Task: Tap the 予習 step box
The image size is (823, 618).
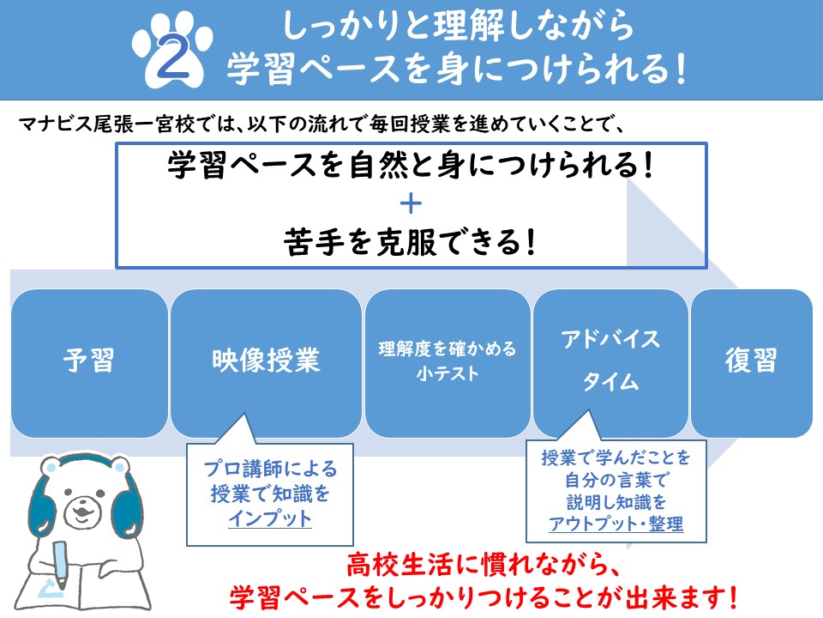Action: click(x=89, y=362)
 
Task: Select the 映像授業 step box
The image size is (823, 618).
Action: click(x=266, y=362)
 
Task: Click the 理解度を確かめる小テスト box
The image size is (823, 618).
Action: click(x=448, y=362)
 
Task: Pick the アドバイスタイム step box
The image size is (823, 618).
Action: click(x=610, y=362)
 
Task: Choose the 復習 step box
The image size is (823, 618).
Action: click(x=752, y=362)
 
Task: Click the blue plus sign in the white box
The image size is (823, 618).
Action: click(x=411, y=204)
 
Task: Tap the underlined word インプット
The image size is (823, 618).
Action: click(x=270, y=518)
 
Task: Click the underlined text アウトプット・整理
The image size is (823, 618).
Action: click(x=616, y=524)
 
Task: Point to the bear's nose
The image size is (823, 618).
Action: click(x=81, y=509)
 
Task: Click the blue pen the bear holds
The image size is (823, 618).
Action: click(x=60, y=566)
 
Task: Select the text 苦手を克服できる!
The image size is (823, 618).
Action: click(x=411, y=242)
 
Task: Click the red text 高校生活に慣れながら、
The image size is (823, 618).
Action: click(x=484, y=566)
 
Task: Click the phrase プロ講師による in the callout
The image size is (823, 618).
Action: click(x=270, y=469)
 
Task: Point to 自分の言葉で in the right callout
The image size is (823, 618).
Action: click(x=616, y=480)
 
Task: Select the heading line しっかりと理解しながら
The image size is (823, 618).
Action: click(x=458, y=26)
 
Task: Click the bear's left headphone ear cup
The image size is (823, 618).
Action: click(x=43, y=500)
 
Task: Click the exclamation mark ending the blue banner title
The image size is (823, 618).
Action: click(x=681, y=70)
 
